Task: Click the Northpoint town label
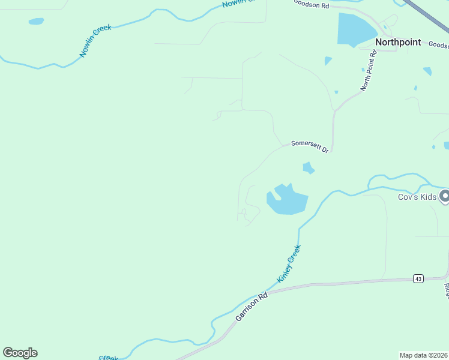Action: pyautogui.click(x=398, y=43)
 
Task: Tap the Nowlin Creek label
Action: pyautogui.click(x=96, y=41)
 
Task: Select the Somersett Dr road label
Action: pyautogui.click(x=310, y=146)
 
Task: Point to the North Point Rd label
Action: pyautogui.click(x=369, y=71)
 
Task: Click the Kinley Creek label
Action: pyautogui.click(x=288, y=264)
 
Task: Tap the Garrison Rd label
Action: pyautogui.click(x=251, y=306)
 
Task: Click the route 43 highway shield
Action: pyautogui.click(x=418, y=278)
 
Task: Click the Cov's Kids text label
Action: pyautogui.click(x=417, y=196)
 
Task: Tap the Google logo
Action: pyautogui.click(x=20, y=353)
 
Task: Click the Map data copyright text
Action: pyautogui.click(x=424, y=355)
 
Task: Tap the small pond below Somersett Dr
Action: pyautogui.click(x=309, y=168)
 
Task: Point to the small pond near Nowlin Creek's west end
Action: pyautogui.click(x=36, y=21)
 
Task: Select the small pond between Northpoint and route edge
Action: pyautogui.click(x=427, y=71)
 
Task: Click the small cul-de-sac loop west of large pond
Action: pyautogui.click(x=244, y=211)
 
